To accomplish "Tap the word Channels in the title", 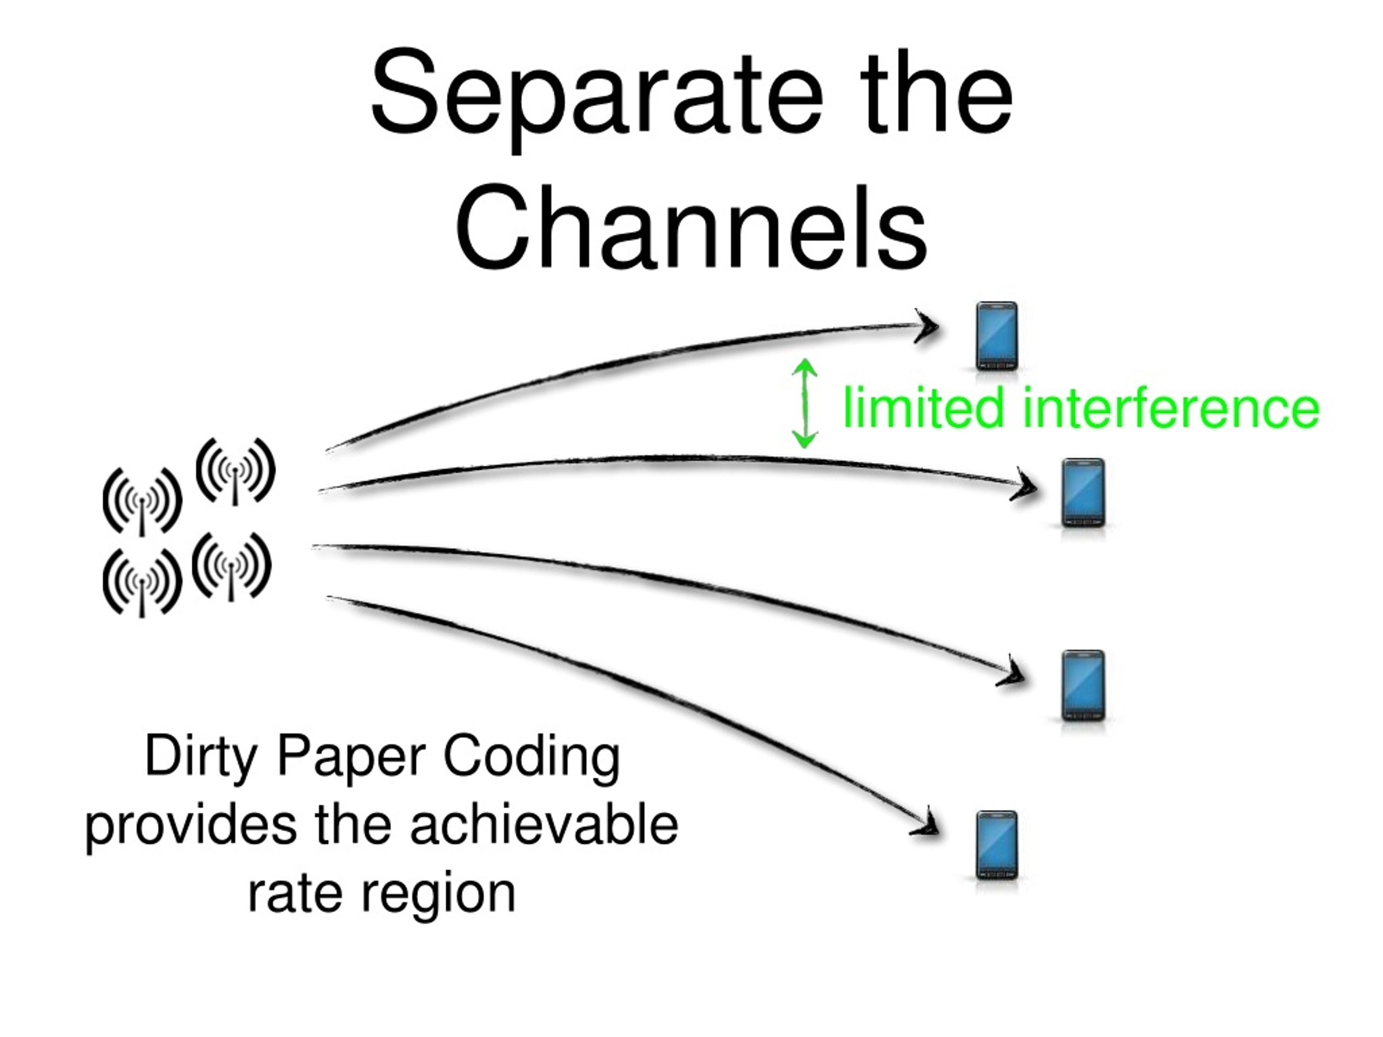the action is pyautogui.click(x=691, y=227).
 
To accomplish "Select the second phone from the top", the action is pyautogui.click(x=1084, y=493).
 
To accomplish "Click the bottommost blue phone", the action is pyautogui.click(x=997, y=845).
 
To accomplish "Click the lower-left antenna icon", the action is pyautogui.click(x=142, y=583).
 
